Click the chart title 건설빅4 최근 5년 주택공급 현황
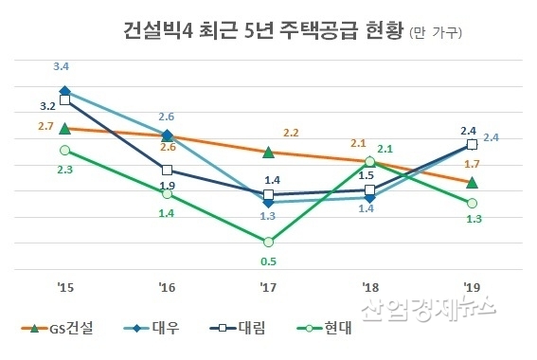pos(263,32)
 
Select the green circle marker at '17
pos(268,242)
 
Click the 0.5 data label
pos(268,262)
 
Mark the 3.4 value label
pos(63,67)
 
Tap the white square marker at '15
pos(64,99)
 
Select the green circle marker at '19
pos(472,203)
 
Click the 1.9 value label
pos(167,186)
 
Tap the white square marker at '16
pos(167,170)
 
